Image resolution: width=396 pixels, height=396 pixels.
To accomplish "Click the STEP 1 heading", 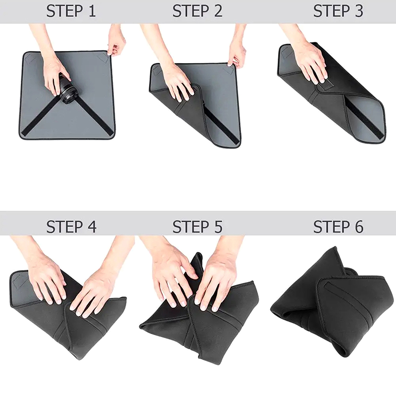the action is [x=71, y=11].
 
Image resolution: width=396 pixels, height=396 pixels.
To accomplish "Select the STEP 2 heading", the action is [x=198, y=11].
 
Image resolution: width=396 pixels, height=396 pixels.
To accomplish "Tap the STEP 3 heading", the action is [x=338, y=11].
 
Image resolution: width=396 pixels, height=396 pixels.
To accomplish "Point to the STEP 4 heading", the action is [x=71, y=227].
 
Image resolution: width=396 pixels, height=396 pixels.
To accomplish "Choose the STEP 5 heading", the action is [x=198, y=227].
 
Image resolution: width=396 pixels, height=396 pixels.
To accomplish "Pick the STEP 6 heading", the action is [x=339, y=227].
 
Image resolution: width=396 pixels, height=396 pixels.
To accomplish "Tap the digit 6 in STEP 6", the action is [x=358, y=227].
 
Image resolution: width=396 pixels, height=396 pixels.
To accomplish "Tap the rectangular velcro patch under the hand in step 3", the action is [x=325, y=85].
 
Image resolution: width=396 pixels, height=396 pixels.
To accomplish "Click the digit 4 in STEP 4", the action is [x=92, y=227].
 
